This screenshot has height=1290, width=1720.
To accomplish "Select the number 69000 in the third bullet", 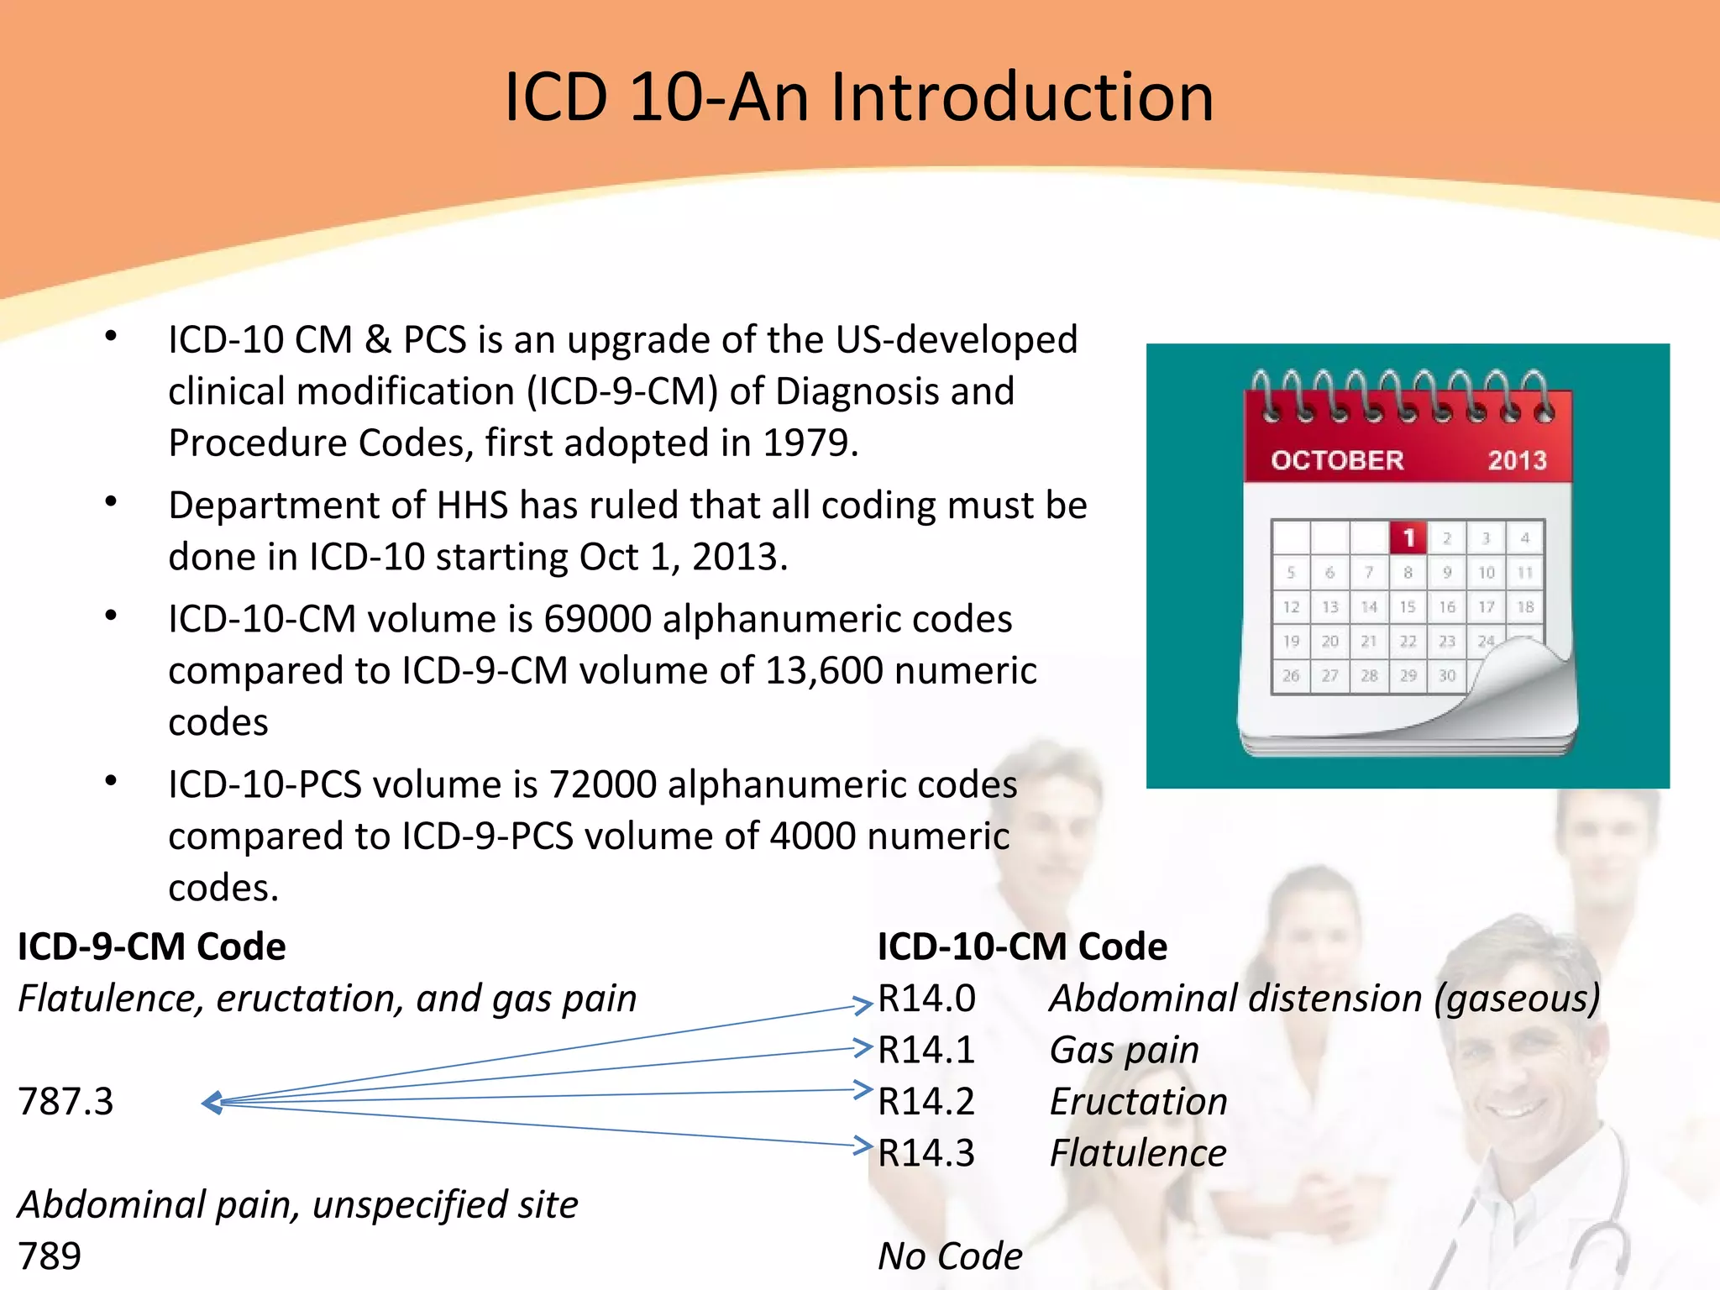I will [x=597, y=620].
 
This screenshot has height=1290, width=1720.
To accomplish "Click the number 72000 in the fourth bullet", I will [x=602, y=785].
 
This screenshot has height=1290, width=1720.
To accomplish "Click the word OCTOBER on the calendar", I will [x=1336, y=460].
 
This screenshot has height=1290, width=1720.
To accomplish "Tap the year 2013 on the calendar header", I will [x=1517, y=460].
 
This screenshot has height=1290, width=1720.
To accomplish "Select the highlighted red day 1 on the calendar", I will [x=1408, y=537].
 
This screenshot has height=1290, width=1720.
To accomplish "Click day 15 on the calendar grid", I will [x=1408, y=606].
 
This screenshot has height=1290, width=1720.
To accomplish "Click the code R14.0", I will [x=926, y=999].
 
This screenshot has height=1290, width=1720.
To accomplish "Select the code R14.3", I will [x=926, y=1153].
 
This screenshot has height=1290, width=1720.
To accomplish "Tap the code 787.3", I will [x=66, y=1102].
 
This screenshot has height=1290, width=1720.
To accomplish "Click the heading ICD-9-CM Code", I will [x=151, y=947].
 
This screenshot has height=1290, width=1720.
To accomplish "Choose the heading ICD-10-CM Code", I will [x=1022, y=947].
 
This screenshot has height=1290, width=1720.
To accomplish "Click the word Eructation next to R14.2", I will [x=1138, y=1102].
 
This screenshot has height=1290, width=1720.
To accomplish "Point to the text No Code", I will [x=950, y=1256].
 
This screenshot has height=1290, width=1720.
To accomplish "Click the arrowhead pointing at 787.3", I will [x=212, y=1103].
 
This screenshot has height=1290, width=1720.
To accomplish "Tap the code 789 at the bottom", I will [x=50, y=1256].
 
